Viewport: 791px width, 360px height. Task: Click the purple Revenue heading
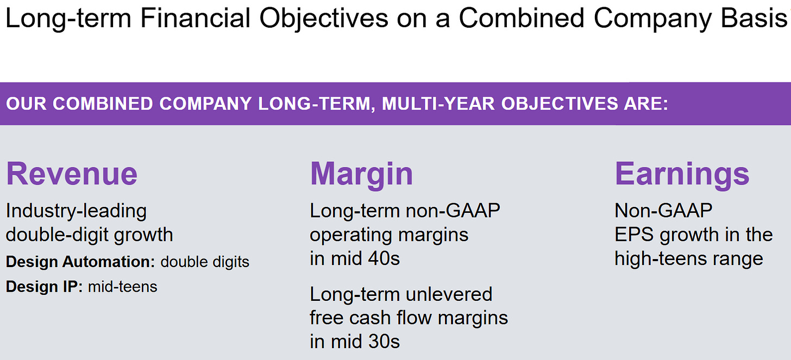pyautogui.click(x=72, y=174)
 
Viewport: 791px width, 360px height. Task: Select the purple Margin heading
pyautogui.click(x=361, y=175)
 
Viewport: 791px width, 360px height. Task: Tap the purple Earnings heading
pyautogui.click(x=682, y=175)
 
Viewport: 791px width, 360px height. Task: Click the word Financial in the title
pyautogui.click(x=195, y=18)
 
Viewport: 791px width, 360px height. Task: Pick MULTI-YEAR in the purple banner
pyautogui.click(x=438, y=104)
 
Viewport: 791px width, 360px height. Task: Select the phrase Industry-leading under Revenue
pyautogui.click(x=76, y=211)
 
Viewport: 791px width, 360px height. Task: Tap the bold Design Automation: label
pyautogui.click(x=80, y=262)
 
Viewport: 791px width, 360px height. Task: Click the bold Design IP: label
pyautogui.click(x=44, y=287)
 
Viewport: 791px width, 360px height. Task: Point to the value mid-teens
pyautogui.click(x=123, y=287)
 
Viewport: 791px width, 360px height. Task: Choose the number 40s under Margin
pyautogui.click(x=384, y=258)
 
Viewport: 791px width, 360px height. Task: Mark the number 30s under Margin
pyautogui.click(x=384, y=342)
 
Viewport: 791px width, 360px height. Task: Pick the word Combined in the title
pyautogui.click(x=522, y=18)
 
